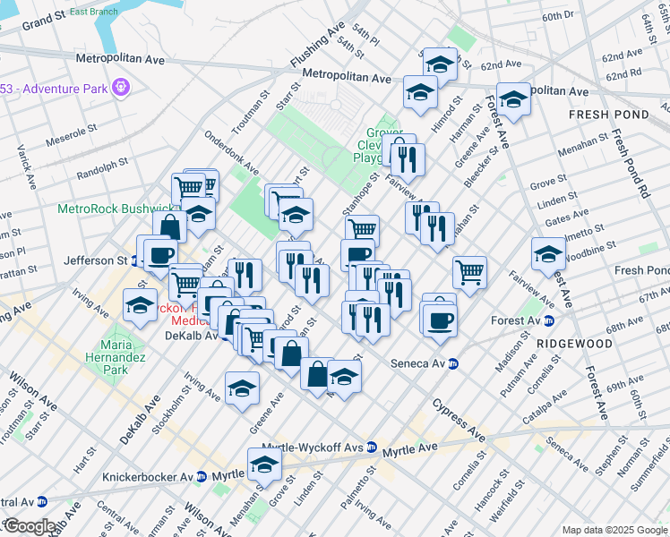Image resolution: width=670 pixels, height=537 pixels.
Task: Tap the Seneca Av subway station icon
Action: coord(453,363)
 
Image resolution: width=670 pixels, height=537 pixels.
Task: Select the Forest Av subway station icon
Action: coord(550,320)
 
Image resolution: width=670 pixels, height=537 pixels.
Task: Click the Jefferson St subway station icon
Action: coord(134,260)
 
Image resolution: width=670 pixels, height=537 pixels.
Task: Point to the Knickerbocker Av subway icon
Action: coord(201,477)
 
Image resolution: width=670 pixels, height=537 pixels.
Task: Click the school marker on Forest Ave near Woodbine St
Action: coord(548,254)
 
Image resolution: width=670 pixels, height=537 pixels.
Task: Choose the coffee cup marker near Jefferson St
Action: coord(160,254)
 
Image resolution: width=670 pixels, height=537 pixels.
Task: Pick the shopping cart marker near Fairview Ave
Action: coord(469,271)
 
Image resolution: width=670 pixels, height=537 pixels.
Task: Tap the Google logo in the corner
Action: coord(29,527)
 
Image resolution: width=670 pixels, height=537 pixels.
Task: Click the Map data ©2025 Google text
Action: coord(614,530)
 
